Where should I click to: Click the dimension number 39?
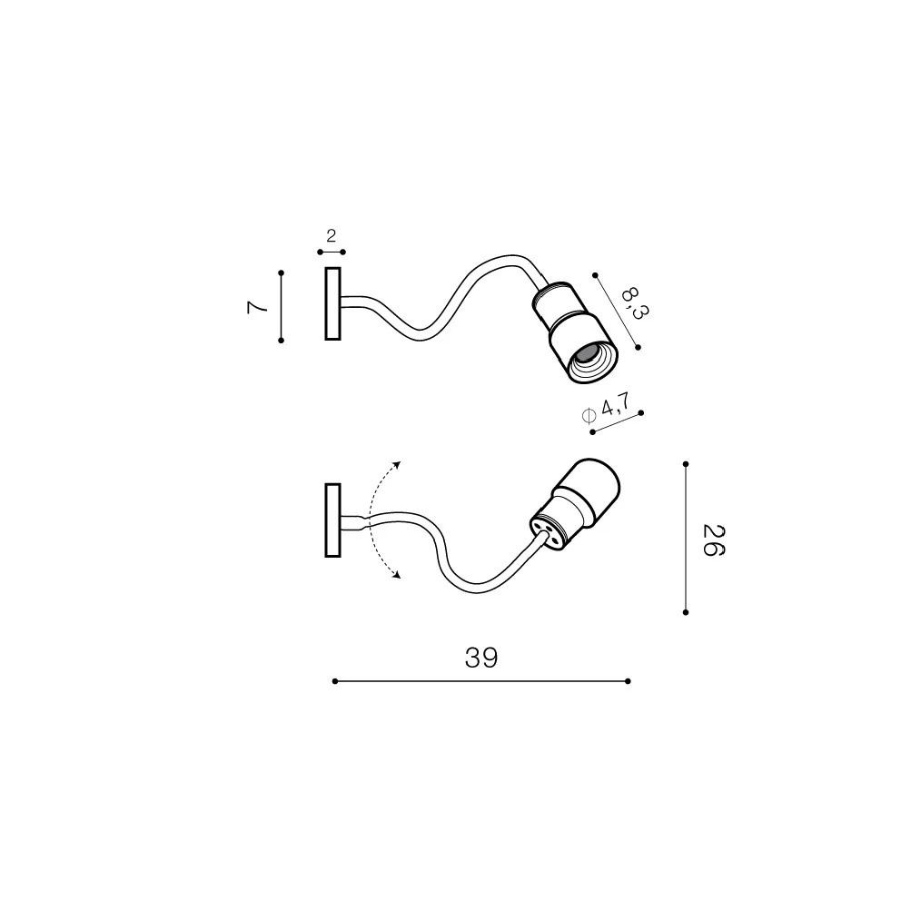tap(481, 658)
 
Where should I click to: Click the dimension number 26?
tap(714, 540)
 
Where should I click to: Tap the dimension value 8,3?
tap(634, 302)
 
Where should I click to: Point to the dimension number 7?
tap(257, 307)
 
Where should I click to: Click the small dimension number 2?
tap(331, 235)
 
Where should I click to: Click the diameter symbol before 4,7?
tap(589, 415)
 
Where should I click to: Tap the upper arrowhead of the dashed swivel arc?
tap(397, 464)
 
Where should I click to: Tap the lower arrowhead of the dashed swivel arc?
tap(396, 574)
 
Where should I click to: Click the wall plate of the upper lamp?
tap(332, 303)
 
